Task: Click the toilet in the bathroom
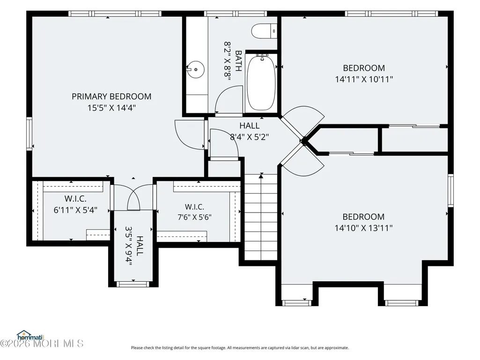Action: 264,31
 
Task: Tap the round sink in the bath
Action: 196,70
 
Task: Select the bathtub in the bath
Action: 261,83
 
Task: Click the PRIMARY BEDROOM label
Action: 111,96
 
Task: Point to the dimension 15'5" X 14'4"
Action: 111,108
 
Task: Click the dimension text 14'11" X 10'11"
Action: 364,79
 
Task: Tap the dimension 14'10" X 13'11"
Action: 364,228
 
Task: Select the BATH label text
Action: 238,60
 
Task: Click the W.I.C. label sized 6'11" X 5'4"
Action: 75,198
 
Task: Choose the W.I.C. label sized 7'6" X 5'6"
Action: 194,207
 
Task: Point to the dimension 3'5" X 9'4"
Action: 128,246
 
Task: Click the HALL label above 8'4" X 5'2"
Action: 250,125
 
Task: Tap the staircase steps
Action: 261,217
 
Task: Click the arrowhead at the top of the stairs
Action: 261,176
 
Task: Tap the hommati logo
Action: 30,336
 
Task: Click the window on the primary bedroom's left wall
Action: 29,134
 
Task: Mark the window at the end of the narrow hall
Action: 133,284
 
